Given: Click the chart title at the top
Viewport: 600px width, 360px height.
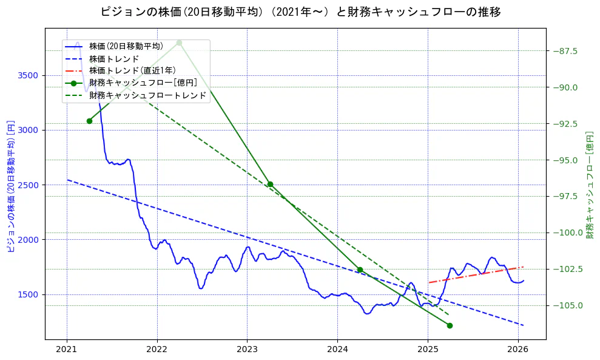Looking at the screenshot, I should (300, 12).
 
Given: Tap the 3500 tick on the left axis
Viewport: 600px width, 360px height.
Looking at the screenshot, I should (29, 75).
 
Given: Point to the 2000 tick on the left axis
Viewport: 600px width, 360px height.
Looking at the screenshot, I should (29, 240).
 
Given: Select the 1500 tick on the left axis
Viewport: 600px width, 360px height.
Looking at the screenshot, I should (29, 294).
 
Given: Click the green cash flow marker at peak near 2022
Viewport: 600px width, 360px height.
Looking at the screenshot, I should (179, 42).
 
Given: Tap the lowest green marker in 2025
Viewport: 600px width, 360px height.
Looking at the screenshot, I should (450, 325).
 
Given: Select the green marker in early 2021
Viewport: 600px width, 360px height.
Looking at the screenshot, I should (89, 121).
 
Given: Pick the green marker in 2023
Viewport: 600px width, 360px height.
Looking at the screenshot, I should (270, 184).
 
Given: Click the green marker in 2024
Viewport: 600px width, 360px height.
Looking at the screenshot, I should (360, 270).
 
